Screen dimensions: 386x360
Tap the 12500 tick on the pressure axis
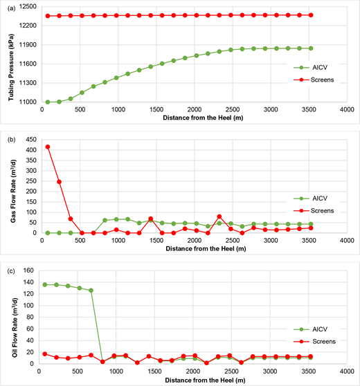pyautogui.click(x=29, y=7)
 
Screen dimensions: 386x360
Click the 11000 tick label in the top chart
pyautogui.click(x=29, y=102)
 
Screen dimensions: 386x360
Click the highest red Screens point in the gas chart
pyautogui.click(x=48, y=147)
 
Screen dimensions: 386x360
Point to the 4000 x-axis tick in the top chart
pyautogui.click(x=344, y=109)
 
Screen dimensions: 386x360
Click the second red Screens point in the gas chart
pyautogui.click(x=59, y=182)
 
